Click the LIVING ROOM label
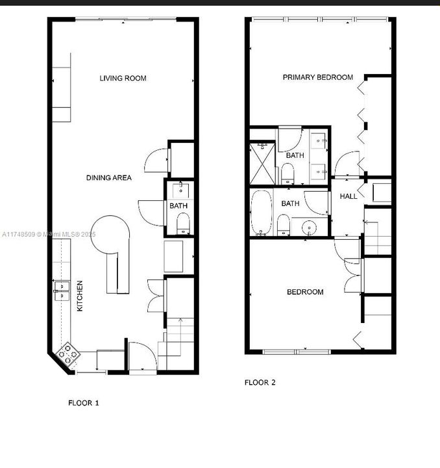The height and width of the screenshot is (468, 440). coord(123,79)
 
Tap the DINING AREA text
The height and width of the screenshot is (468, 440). coord(109,177)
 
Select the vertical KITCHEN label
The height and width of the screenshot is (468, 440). coord(80,296)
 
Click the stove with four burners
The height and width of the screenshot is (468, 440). coord(68,354)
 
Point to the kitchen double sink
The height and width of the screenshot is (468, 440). coord(62,290)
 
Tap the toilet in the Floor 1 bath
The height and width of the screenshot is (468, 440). coord(182,226)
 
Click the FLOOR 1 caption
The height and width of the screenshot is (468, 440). coord(84,403)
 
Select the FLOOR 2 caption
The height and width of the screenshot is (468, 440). coord(260,382)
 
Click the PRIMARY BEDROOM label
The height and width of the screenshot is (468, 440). coord(317,77)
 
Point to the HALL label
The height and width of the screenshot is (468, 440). coord(348,196)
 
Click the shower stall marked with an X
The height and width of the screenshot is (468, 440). coord(263,162)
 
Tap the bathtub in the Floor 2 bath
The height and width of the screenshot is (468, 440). coord(261,213)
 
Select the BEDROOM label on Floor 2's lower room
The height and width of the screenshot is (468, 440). coord(305,292)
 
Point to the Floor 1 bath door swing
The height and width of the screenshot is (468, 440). coord(149,212)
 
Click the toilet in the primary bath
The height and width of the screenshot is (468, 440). coord(287,174)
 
